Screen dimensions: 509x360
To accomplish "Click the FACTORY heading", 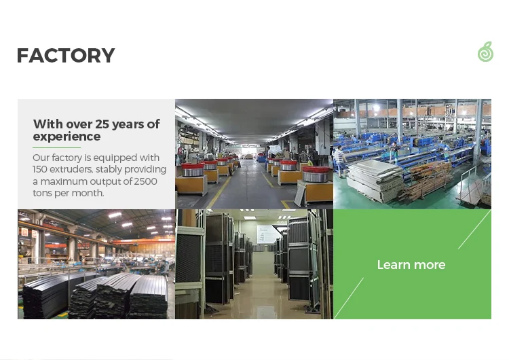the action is [66, 55].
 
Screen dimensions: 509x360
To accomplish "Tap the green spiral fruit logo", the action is [486, 52].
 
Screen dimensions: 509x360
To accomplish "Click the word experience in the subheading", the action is [67, 137].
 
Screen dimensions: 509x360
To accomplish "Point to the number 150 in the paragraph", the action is [40, 169].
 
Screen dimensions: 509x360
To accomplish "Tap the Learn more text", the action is [411, 265].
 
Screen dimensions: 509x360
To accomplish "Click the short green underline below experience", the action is [56, 147].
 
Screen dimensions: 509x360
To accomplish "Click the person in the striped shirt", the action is [339, 162].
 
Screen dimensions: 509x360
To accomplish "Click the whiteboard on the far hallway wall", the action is [266, 234].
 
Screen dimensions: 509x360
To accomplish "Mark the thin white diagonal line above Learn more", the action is [474, 230].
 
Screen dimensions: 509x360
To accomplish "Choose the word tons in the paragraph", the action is [42, 194].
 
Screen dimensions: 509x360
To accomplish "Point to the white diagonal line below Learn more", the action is [349, 298].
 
